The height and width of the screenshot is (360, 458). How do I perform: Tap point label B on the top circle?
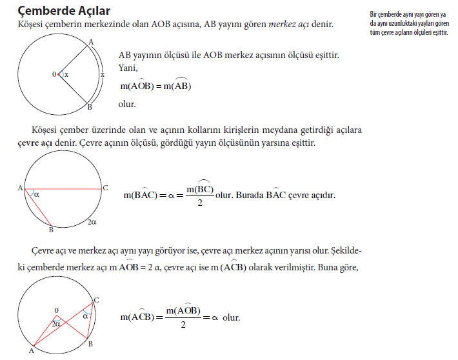90,107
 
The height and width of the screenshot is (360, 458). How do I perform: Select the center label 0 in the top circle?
54,75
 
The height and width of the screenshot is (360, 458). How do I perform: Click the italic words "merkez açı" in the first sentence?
292,24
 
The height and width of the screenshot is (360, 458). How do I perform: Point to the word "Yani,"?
128,67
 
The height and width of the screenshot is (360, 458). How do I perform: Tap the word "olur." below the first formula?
127,104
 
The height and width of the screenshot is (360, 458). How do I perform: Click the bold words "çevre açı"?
34,143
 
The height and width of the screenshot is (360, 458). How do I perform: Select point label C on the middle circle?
105,188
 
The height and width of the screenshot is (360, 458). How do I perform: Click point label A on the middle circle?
21,188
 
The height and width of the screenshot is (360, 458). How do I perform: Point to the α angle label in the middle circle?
37,193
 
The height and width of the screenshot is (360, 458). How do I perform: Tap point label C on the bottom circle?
96,300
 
